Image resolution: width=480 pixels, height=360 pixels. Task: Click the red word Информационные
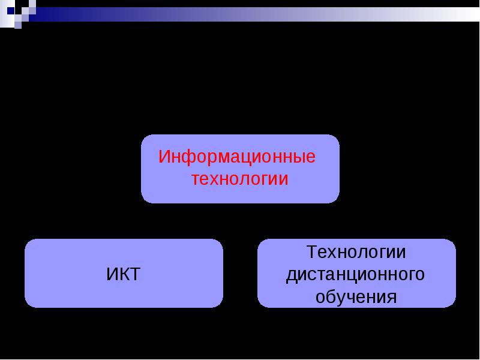coord(236,157)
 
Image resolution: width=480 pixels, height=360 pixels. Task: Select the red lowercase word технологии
coord(239,179)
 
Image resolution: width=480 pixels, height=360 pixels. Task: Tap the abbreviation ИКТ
coord(124,274)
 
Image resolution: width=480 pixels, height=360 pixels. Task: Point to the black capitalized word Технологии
coord(356,253)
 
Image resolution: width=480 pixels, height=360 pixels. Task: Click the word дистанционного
coord(355,275)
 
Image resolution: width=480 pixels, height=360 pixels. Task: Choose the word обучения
coord(356,296)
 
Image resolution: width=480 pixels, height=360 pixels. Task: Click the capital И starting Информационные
coord(164,157)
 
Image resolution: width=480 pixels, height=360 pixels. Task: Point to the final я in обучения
coord(392,297)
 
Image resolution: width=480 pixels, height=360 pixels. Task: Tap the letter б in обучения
coord(331,296)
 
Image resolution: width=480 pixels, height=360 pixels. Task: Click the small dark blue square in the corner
coord(11,11)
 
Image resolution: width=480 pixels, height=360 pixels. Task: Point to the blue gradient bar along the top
coord(254,14)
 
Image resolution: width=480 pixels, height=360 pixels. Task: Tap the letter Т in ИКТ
coord(135,274)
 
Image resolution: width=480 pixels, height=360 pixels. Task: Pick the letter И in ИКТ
coord(112,274)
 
